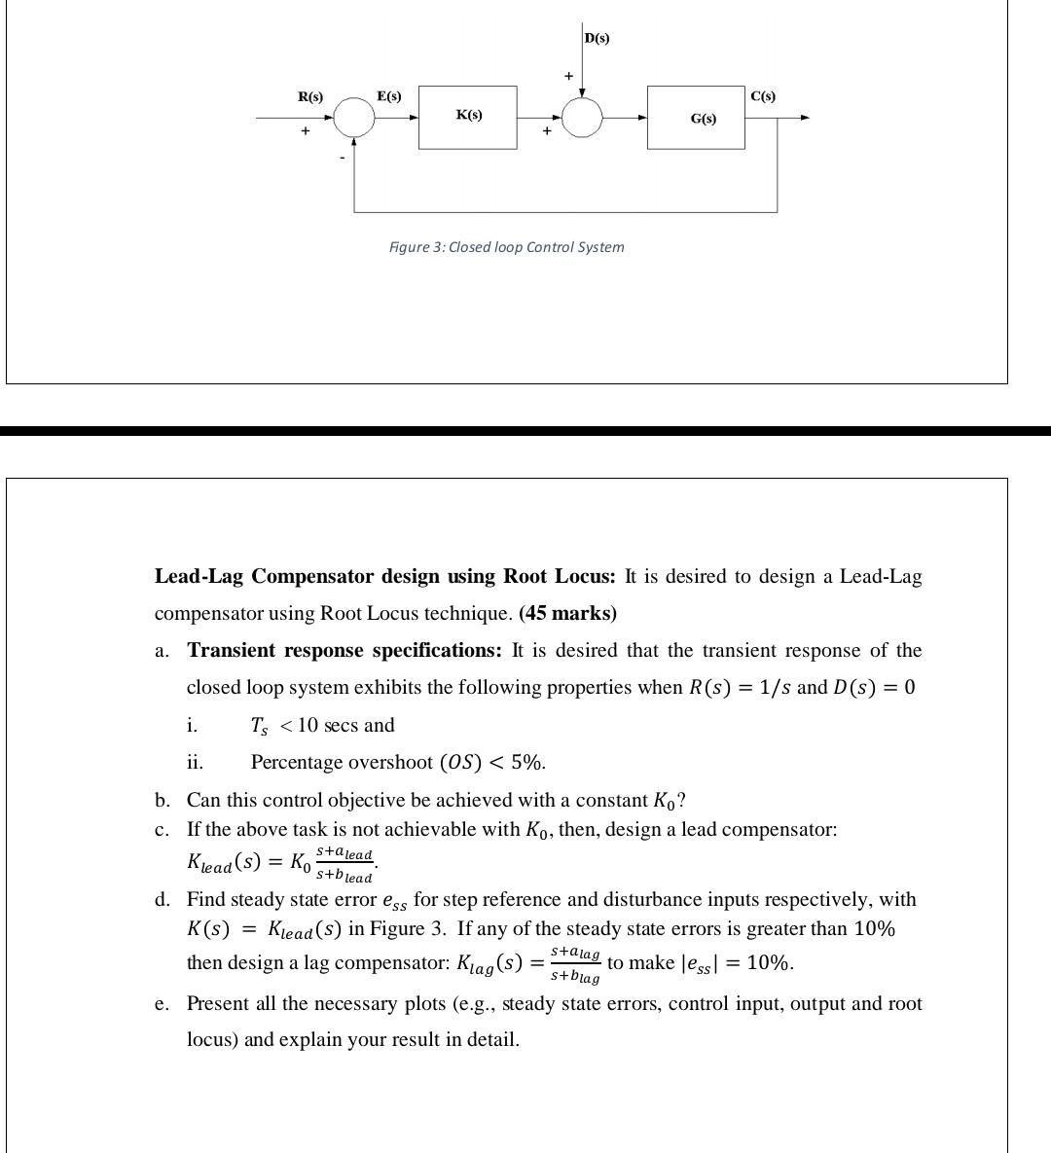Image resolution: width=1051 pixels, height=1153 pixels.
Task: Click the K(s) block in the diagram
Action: pyautogui.click(x=467, y=117)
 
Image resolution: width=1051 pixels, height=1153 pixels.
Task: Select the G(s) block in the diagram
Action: pyautogui.click(x=696, y=118)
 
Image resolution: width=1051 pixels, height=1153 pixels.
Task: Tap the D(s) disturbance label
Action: pyautogui.click(x=597, y=38)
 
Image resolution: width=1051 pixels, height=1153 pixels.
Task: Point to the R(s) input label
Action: pyautogui.click(x=310, y=96)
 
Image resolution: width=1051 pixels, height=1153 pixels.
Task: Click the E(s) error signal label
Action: pyautogui.click(x=388, y=95)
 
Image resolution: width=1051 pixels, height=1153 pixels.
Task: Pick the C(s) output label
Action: pyautogui.click(x=763, y=95)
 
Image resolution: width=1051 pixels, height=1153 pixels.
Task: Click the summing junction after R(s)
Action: pyautogui.click(x=353, y=118)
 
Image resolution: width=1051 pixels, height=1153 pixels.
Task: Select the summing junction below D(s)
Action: pyautogui.click(x=582, y=118)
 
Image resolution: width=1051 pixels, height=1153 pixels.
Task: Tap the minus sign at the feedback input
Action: pyautogui.click(x=342, y=156)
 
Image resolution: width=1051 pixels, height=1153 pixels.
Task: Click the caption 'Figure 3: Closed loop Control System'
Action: pyautogui.click(x=506, y=247)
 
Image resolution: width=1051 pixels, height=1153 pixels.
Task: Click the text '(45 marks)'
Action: pyautogui.click(x=567, y=614)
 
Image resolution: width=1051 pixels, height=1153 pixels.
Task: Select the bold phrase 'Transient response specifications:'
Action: pyautogui.click(x=344, y=651)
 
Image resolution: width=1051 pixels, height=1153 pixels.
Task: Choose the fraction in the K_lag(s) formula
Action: pyautogui.click(x=574, y=963)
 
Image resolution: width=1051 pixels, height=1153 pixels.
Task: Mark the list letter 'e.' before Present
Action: pyautogui.click(x=163, y=1004)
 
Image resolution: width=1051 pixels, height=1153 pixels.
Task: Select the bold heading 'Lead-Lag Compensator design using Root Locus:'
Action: pyautogui.click(x=384, y=577)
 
